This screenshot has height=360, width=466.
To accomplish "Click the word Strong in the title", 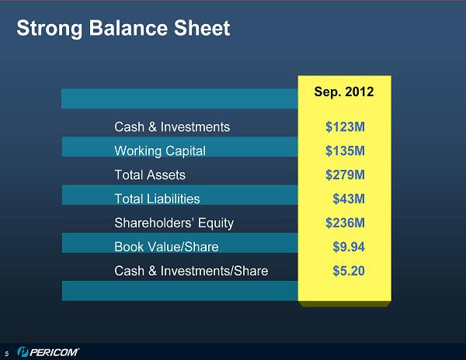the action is [50, 29].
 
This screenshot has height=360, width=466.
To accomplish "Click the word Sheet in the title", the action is [202, 28].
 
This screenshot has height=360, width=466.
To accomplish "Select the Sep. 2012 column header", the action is [344, 92].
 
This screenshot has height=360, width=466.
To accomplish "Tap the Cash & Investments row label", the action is [172, 127].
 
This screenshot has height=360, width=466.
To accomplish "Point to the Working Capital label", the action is [160, 151].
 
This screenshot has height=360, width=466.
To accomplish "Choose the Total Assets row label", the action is [150, 175].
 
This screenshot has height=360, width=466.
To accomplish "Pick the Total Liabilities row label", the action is [157, 199].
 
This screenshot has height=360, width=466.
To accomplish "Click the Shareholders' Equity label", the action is [174, 223].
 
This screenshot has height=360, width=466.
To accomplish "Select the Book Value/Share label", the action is [166, 247].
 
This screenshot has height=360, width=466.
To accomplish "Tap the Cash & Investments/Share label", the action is [191, 271].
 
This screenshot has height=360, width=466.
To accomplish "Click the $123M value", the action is [345, 127].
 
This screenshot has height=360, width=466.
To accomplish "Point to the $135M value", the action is [345, 151].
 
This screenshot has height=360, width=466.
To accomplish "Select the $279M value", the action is [345, 175].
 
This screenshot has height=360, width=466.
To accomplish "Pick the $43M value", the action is [349, 199].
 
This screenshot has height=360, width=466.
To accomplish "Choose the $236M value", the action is [345, 223].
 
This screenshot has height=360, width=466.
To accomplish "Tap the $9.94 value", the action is [349, 247].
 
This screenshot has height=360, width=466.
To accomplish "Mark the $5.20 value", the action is [349, 271].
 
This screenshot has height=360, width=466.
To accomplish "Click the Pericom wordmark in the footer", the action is [54, 352].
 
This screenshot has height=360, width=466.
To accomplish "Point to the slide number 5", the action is [7, 354].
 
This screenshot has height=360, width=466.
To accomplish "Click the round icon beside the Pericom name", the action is [23, 352].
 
